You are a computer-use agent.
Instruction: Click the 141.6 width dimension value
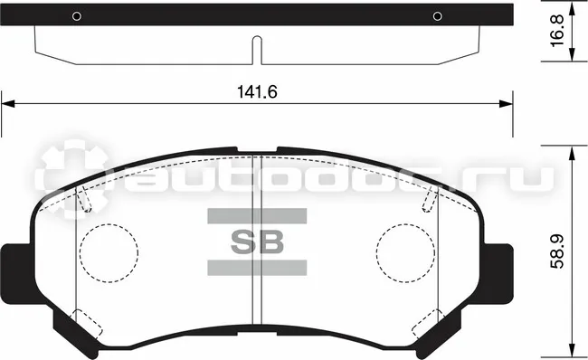click(257, 92)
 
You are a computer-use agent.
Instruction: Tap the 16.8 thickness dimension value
click(557, 31)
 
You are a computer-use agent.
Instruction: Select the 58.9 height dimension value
click(557, 251)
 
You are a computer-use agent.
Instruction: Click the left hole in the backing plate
click(77, 16)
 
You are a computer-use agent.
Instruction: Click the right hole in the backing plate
click(437, 16)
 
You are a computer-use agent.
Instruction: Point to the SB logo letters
click(257, 242)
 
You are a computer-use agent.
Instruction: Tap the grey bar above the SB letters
click(257, 216)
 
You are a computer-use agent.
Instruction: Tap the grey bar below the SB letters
click(257, 268)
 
